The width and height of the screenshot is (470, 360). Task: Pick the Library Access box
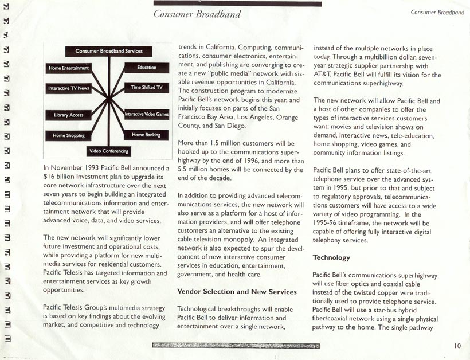[x=69, y=115]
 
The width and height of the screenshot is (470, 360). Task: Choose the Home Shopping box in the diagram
[x=69, y=136]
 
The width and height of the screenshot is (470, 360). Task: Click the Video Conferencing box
[x=109, y=151]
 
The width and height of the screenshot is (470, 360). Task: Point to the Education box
[x=147, y=68]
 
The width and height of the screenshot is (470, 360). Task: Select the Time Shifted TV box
[x=147, y=88]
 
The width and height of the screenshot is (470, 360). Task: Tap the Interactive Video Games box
[x=147, y=114]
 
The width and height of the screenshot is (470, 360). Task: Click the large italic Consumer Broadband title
[x=197, y=14]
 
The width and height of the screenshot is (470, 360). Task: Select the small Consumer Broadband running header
[x=437, y=12]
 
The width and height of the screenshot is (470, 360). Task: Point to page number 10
[x=457, y=345]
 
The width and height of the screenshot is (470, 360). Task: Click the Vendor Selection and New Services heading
[x=237, y=292]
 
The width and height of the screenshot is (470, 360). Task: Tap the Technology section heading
[x=331, y=258]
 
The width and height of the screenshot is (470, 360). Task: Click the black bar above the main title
[x=237, y=3]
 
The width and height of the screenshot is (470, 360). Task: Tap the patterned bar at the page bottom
[x=236, y=346]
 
